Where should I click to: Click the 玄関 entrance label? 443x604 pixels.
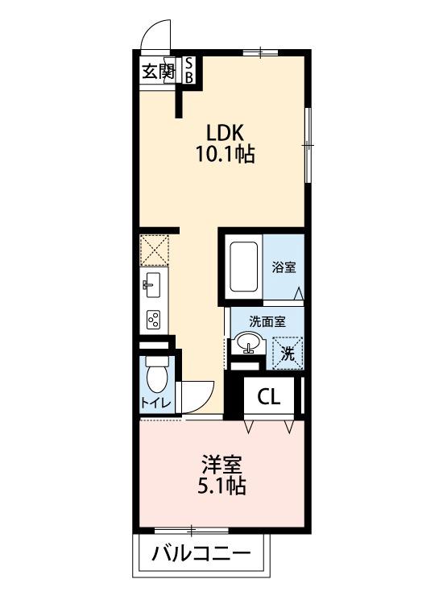158,71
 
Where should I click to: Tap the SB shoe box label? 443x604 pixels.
189,70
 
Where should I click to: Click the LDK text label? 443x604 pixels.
224,132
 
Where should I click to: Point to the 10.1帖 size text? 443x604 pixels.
225,154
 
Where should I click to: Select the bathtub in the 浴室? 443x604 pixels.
242,267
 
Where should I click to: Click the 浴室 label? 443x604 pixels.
283,267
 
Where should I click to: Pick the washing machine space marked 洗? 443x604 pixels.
288,351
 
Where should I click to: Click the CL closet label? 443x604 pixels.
270,397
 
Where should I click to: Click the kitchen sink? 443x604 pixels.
153,284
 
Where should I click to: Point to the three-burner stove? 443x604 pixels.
153,319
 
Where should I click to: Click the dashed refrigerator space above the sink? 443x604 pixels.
153,250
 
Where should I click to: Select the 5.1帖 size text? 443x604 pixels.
222,486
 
